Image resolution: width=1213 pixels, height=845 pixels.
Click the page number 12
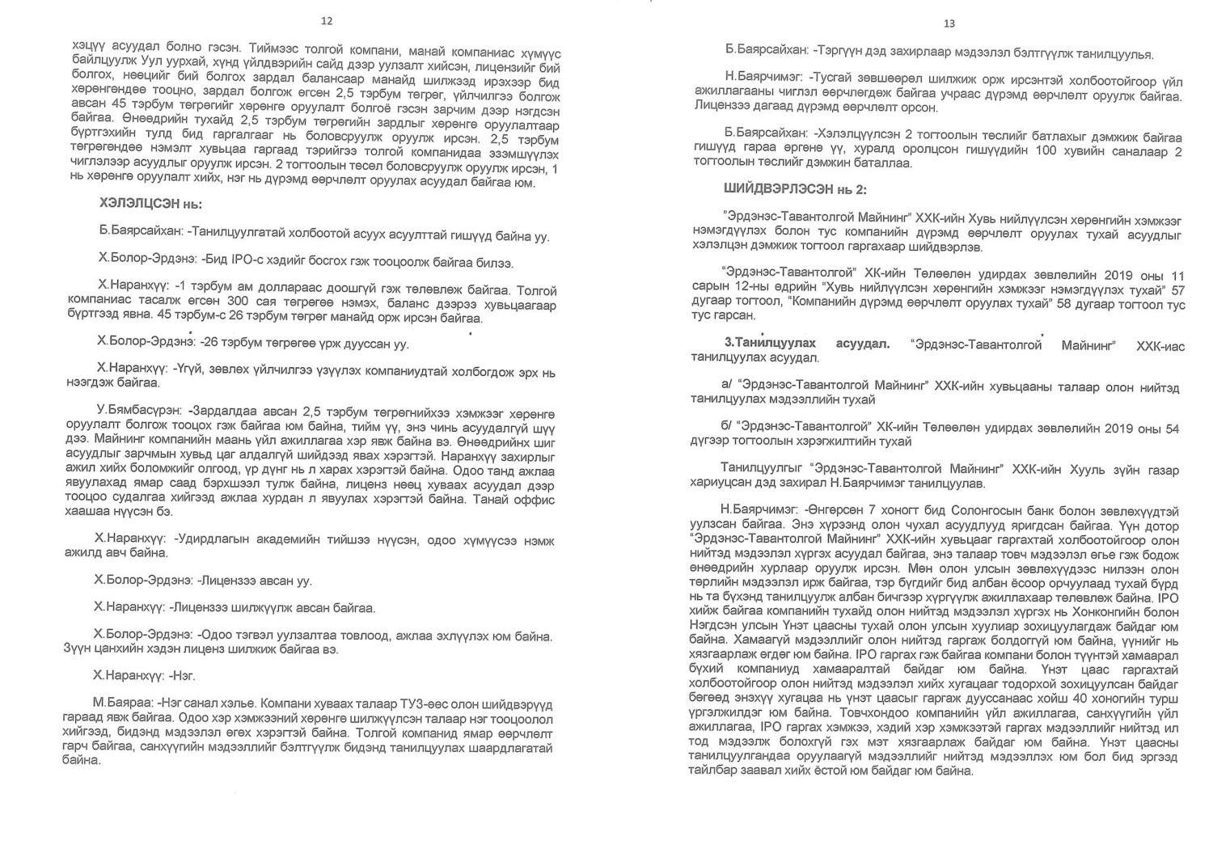327,22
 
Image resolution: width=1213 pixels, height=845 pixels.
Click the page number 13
949,23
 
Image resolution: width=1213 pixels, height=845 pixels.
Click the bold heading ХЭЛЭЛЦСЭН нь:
150,205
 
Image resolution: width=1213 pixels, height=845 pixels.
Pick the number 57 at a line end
1177,289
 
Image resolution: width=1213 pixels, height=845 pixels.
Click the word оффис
538,500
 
